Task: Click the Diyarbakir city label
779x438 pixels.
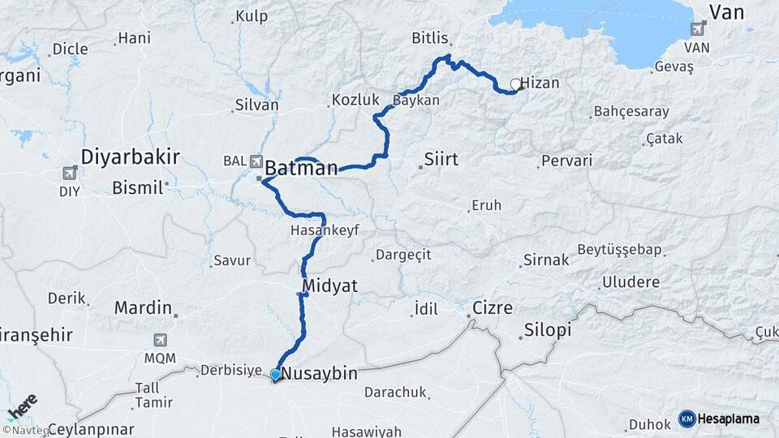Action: click(130, 157)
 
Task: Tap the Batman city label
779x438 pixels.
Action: click(301, 169)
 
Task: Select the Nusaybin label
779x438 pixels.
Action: click(323, 373)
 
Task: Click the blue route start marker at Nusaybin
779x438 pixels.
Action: click(276, 375)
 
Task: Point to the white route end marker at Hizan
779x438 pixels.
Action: click(515, 84)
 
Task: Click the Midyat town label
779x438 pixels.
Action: click(329, 286)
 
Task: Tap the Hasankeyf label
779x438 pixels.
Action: click(324, 230)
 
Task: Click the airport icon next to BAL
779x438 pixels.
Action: click(256, 161)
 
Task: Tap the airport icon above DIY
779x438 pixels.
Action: click(70, 173)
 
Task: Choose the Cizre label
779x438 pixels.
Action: click(492, 309)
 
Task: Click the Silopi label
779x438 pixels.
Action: click(548, 330)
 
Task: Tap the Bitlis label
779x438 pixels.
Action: click(430, 38)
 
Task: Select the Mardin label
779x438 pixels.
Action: click(143, 307)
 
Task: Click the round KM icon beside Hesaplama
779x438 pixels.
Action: click(686, 419)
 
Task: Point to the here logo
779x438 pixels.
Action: click(22, 404)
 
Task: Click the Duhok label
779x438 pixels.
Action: click(649, 424)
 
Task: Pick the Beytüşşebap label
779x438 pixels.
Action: click(620, 249)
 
